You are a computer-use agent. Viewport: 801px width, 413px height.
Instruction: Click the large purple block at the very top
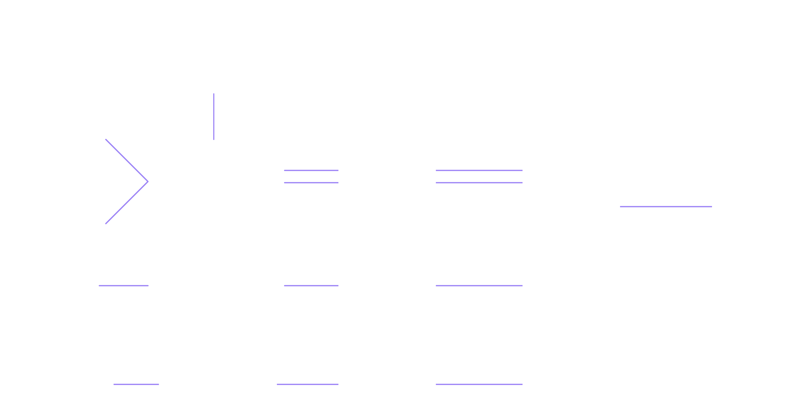coord(276,122)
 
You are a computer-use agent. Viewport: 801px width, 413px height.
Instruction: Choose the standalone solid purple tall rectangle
coord(311,237)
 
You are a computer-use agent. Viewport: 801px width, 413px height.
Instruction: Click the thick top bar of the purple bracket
coord(479,180)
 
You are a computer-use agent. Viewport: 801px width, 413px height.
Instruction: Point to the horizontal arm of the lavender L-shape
coord(672,213)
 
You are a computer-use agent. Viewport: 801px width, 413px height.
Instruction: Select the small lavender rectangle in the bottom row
coord(136,395)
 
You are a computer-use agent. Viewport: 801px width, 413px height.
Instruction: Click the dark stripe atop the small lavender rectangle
coord(136,384)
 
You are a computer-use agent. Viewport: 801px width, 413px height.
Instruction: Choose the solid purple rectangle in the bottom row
coord(307,394)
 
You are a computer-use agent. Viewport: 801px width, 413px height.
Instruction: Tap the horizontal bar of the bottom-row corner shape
coord(485,388)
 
